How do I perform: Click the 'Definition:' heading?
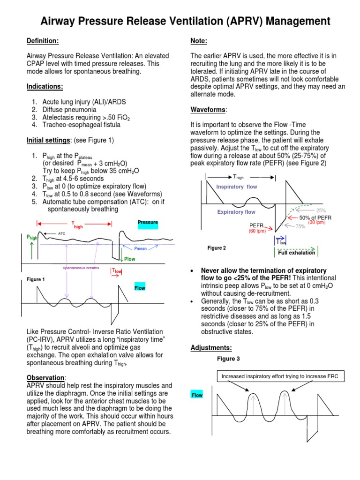[43, 41]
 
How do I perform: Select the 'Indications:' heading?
[45, 86]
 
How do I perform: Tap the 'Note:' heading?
[199, 41]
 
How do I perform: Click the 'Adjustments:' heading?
[211, 347]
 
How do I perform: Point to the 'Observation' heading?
[45, 377]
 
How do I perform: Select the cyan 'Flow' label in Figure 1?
[140, 288]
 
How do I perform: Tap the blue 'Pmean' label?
[141, 249]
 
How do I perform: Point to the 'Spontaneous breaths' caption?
[81, 268]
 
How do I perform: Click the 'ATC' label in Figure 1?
[62, 233]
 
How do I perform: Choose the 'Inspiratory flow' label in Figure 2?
[236, 187]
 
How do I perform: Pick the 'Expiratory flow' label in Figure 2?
[236, 212]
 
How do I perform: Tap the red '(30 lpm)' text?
[316, 223]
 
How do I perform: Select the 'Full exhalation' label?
[297, 253]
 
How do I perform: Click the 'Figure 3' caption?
[228, 359]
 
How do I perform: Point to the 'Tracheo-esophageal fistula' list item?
[81, 125]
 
